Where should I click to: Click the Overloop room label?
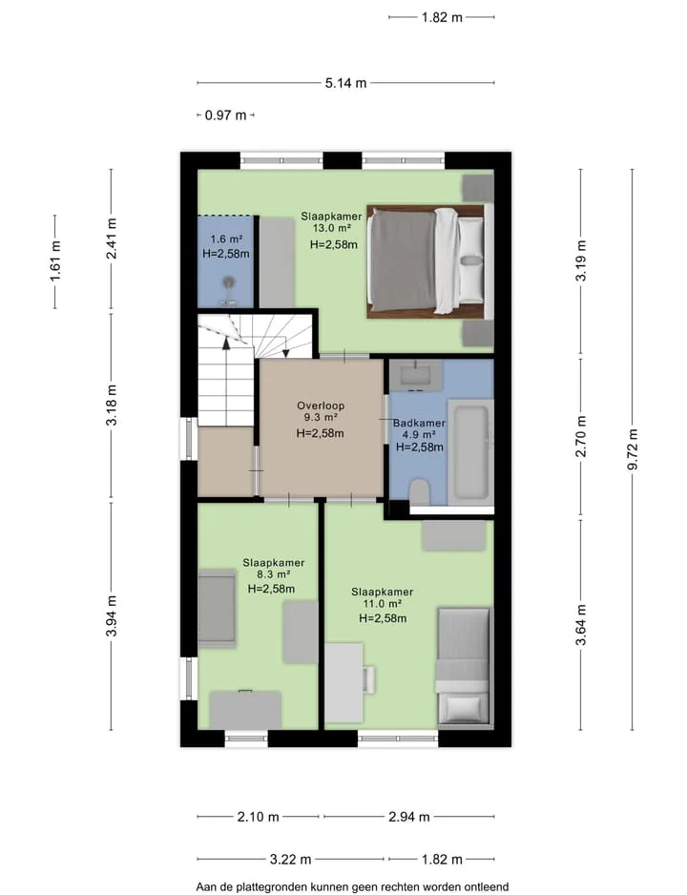pyautogui.click(x=320, y=406)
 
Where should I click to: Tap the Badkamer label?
pyautogui.click(x=420, y=423)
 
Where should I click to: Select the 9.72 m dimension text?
pyautogui.click(x=633, y=449)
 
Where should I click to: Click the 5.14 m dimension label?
pyautogui.click(x=345, y=83)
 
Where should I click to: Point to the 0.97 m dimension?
pyautogui.click(x=225, y=115)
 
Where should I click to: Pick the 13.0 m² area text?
pyautogui.click(x=331, y=228)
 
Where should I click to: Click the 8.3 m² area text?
pyautogui.click(x=273, y=574)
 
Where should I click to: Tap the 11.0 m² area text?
pyautogui.click(x=383, y=604)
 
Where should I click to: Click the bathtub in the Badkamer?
pyautogui.click(x=470, y=452)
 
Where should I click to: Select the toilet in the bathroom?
pyautogui.click(x=420, y=492)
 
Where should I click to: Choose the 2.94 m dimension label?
pyautogui.click(x=409, y=817)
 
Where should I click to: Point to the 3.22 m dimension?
pyautogui.click(x=290, y=859)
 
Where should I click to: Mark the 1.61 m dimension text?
pyautogui.click(x=55, y=261)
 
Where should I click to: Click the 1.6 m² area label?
pyautogui.click(x=226, y=239)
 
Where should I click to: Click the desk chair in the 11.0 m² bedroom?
pyautogui.click(x=369, y=679)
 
